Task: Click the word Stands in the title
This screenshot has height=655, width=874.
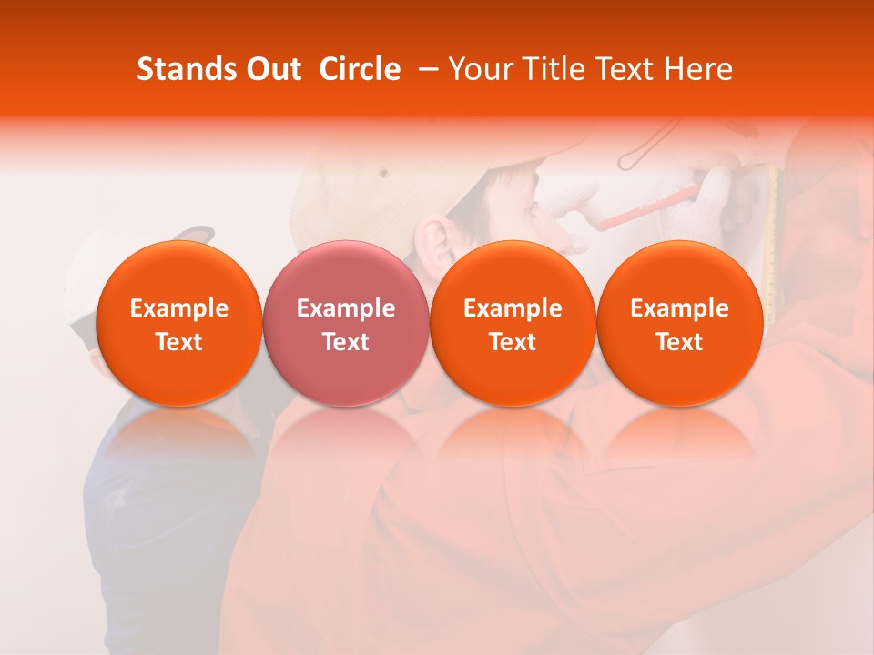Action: pyautogui.click(x=184, y=69)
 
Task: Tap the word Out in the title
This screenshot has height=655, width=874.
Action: pyautogui.click(x=272, y=69)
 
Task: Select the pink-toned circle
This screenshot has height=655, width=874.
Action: pyautogui.click(x=345, y=323)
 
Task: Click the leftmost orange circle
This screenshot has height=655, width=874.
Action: pyautogui.click(x=178, y=323)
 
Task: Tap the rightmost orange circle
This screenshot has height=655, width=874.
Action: pyautogui.click(x=679, y=323)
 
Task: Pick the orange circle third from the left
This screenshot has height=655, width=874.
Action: pyautogui.click(x=513, y=323)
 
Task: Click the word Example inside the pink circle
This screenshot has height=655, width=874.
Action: pyautogui.click(x=346, y=308)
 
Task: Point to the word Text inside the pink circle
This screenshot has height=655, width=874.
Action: pyautogui.click(x=346, y=342)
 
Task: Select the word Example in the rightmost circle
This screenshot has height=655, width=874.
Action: pyautogui.click(x=679, y=308)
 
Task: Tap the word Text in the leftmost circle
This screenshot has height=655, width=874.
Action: pyautogui.click(x=179, y=342)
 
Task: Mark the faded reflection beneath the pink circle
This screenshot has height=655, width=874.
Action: pyautogui.click(x=346, y=437)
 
